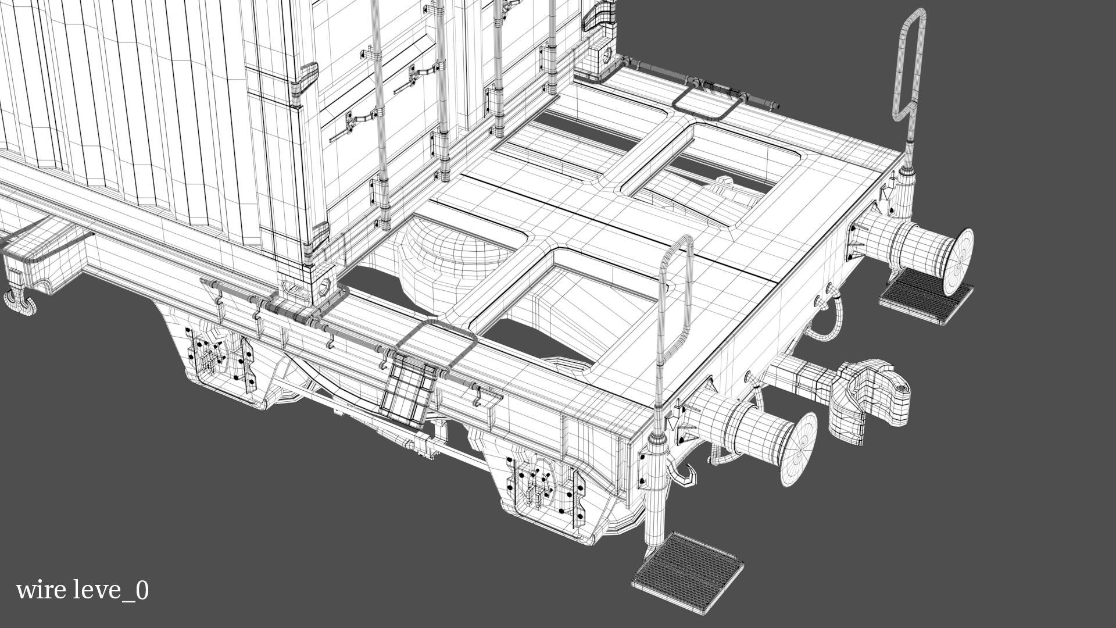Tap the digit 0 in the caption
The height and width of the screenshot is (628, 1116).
(142, 590)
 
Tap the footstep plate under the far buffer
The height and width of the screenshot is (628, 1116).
(925, 296)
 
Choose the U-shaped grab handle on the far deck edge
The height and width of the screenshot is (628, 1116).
(707, 105)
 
